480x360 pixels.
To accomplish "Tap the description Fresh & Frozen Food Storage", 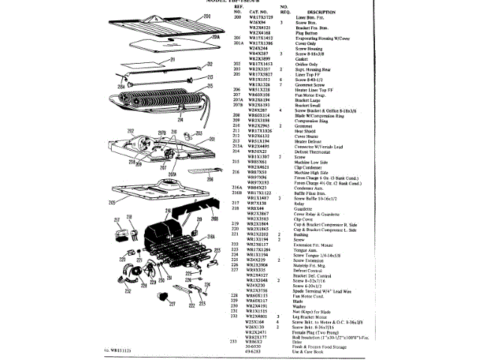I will click(324, 346).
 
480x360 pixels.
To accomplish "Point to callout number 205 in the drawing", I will click(112, 202).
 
